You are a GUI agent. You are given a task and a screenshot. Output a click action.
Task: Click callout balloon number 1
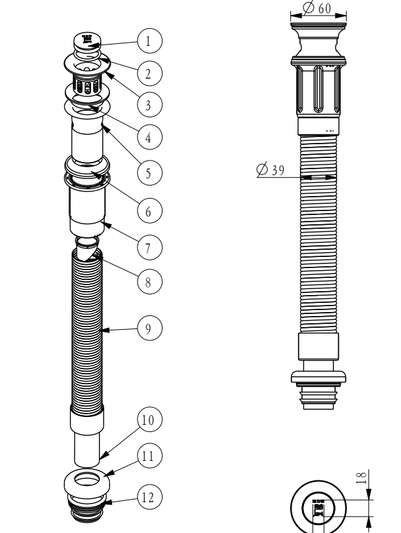coord(148,41)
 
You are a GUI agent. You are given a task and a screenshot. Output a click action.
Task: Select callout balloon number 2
coord(148,72)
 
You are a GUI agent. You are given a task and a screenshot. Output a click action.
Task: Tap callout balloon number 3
coord(148,103)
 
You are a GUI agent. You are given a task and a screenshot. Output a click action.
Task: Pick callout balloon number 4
coord(148,138)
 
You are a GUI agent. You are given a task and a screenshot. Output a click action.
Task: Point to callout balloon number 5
coord(148,173)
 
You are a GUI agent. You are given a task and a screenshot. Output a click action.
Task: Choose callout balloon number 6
coord(148,211)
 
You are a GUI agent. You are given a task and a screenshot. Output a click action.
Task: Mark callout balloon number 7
coord(148,247)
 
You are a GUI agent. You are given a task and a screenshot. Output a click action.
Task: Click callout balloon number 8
coord(148,283)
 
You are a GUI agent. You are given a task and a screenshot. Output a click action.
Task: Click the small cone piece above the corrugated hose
coord(86,248)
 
